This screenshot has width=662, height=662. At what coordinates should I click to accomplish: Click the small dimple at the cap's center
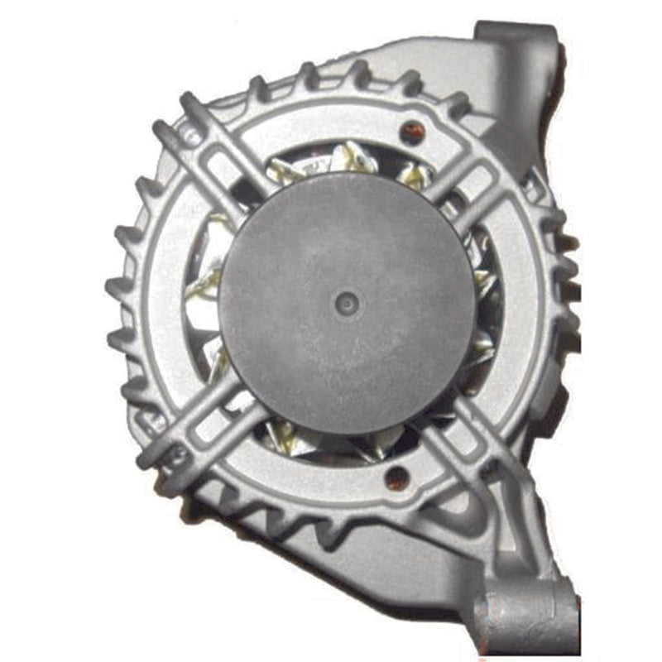(345, 303)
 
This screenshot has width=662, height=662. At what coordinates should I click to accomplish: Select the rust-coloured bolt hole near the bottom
(397, 477)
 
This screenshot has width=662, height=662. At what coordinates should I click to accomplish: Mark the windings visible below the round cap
(331, 443)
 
